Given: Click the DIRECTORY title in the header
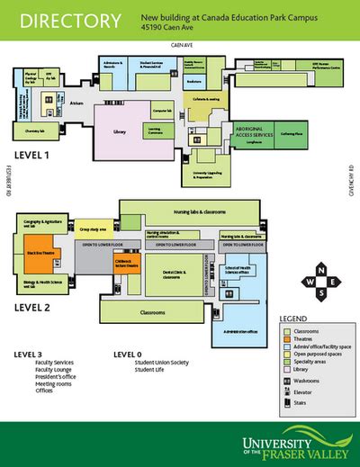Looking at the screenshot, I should tap(67, 20).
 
